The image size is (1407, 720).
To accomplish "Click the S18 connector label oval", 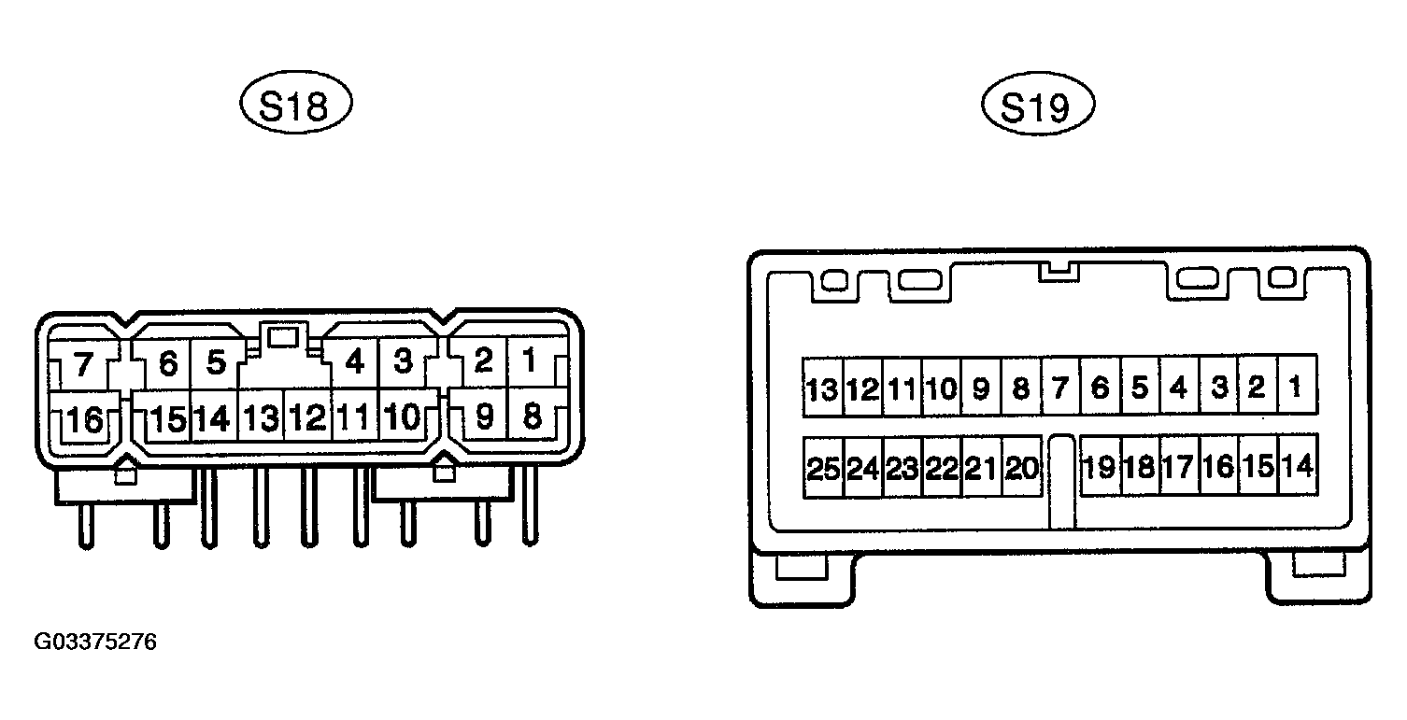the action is pyautogui.click(x=296, y=103).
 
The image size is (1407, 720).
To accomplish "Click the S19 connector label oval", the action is pyautogui.click(x=1038, y=104).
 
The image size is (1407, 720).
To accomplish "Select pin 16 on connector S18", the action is pyautogui.click(x=84, y=418).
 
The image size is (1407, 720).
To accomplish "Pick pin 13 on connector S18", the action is pyautogui.click(x=261, y=416).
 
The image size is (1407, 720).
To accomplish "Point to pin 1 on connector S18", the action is pyautogui.click(x=531, y=361).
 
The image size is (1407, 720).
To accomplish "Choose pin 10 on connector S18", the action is pyautogui.click(x=403, y=416).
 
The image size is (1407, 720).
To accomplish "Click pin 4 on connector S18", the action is pyautogui.click(x=355, y=361).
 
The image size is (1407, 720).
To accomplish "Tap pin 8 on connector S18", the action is pyautogui.click(x=532, y=415).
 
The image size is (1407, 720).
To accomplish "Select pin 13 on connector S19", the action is pyautogui.click(x=822, y=388).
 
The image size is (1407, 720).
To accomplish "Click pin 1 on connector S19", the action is pyautogui.click(x=1297, y=386).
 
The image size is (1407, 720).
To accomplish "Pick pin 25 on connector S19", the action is pyautogui.click(x=823, y=468).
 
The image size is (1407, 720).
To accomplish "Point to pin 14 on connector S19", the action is pyautogui.click(x=1298, y=466).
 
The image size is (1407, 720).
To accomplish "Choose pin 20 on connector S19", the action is pyautogui.click(x=1022, y=468).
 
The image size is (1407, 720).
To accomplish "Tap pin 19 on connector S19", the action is pyautogui.click(x=1100, y=466).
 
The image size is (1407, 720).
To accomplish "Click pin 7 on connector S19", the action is pyautogui.click(x=1060, y=387).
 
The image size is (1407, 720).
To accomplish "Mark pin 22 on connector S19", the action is pyautogui.click(x=942, y=468).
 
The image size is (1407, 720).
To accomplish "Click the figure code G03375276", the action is pyautogui.click(x=95, y=642).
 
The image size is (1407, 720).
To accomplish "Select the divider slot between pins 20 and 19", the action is pyautogui.click(x=1061, y=482).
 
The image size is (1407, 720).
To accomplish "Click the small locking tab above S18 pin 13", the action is pyautogui.click(x=283, y=337).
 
